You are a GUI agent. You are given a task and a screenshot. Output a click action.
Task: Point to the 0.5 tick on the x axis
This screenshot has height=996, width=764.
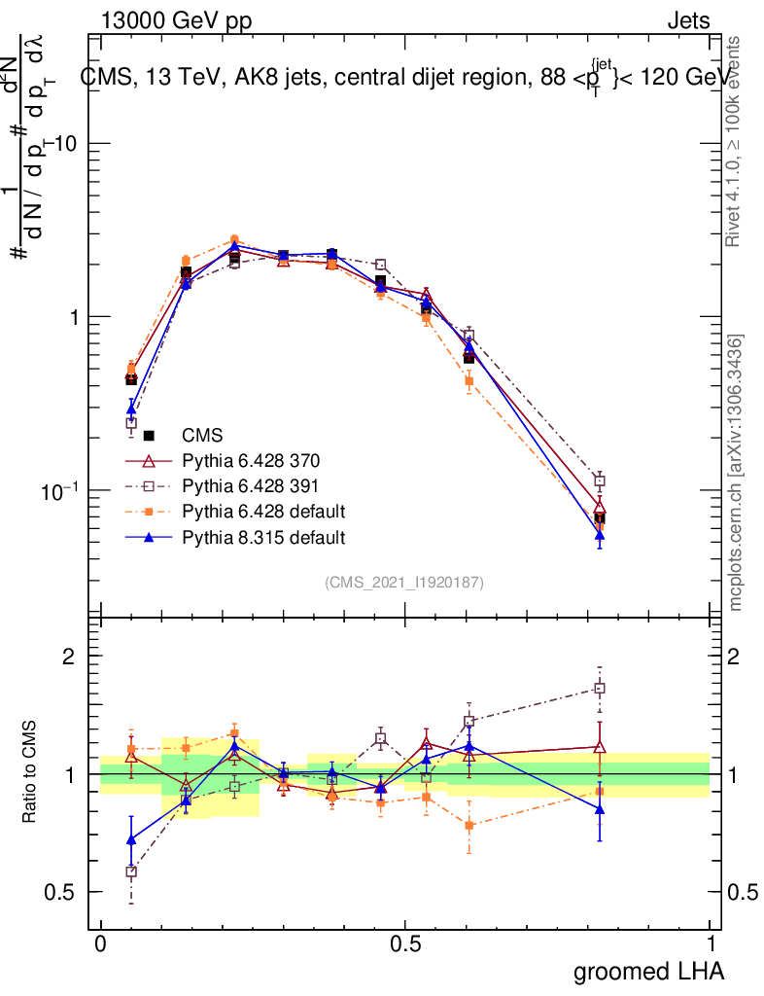[x=405, y=943]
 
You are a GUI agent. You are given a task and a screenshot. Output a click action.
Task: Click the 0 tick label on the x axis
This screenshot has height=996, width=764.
[x=101, y=943]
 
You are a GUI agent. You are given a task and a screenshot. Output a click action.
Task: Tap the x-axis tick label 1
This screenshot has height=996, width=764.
[x=710, y=943]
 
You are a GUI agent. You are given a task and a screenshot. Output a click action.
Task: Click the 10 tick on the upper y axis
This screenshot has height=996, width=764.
[x=68, y=143]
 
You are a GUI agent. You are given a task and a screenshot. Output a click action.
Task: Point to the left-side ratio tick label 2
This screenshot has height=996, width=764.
[x=68, y=656]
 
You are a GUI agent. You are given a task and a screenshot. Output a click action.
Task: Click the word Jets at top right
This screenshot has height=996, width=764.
[x=688, y=21]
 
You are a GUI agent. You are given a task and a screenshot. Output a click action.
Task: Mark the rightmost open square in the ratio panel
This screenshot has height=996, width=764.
[x=600, y=689]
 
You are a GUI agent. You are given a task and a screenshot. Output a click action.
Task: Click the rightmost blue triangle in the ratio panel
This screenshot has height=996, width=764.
[x=600, y=808]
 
